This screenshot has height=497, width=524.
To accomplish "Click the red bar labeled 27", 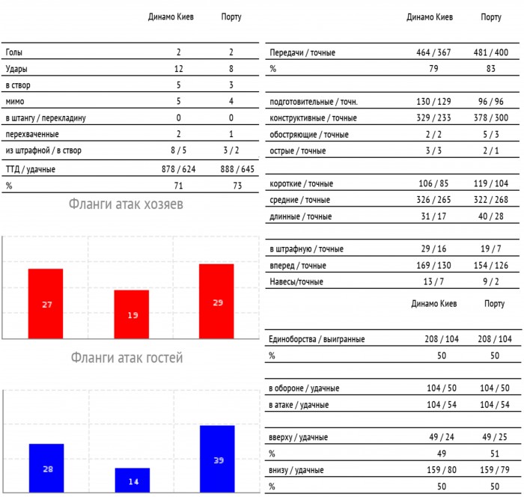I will click(x=46, y=303).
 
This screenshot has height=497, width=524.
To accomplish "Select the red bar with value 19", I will click(x=132, y=314).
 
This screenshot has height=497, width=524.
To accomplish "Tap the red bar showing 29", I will click(x=217, y=301).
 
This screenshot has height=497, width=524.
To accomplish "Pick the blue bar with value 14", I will click(x=132, y=480).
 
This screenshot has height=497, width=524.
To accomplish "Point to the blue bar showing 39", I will click(x=217, y=459).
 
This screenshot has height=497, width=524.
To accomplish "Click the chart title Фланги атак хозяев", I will click(x=126, y=204).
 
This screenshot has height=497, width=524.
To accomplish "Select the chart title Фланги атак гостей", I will click(x=127, y=358).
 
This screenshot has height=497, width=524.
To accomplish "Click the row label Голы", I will click(x=13, y=52).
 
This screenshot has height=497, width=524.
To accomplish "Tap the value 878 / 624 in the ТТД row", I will click(x=179, y=169).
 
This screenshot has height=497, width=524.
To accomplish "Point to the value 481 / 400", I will click(x=491, y=52).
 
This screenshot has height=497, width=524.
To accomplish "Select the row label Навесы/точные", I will click(x=296, y=281).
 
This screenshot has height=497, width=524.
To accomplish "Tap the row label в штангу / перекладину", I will click(x=46, y=118).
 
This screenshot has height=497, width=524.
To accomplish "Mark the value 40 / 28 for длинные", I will click(x=491, y=216).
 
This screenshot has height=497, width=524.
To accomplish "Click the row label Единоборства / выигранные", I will click(x=317, y=339).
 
